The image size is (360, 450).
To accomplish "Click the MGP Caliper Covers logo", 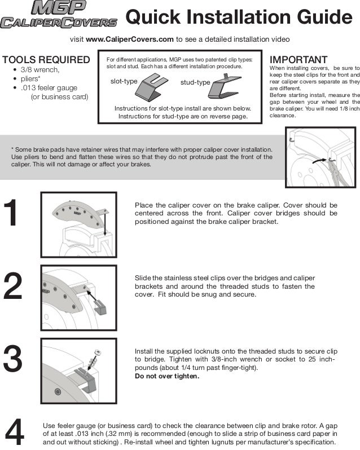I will pyautogui.click(x=59, y=15).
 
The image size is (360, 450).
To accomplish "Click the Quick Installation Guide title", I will pyautogui.click(x=239, y=17).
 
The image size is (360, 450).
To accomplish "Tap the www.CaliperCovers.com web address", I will pyautogui.click(x=129, y=39).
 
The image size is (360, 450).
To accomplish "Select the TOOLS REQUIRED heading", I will pyautogui.click(x=46, y=60).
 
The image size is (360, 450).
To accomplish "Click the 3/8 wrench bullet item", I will pyautogui.click(x=39, y=69).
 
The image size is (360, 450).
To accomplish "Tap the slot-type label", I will pyautogui.click(x=124, y=81).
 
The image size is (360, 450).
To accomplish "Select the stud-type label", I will pyautogui.click(x=195, y=83).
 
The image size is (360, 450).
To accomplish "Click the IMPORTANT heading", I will pyautogui.click(x=298, y=60).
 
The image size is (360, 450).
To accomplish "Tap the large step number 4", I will pyautogui.click(x=15, y=433).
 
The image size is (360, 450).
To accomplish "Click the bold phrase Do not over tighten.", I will pyautogui.click(x=166, y=376).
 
